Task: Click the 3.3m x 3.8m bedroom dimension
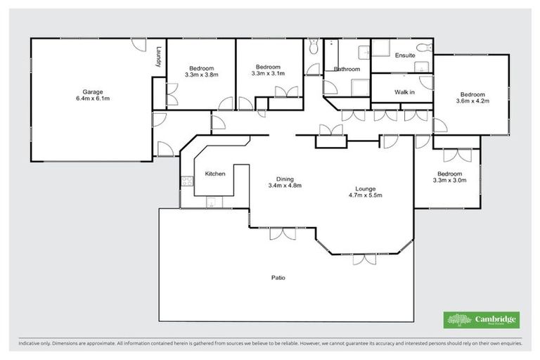(x=202, y=74)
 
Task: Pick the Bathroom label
(x=347, y=69)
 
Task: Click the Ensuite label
(x=404, y=55)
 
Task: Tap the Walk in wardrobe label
(x=404, y=91)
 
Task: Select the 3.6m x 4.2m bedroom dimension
(x=472, y=101)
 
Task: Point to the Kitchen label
(x=214, y=174)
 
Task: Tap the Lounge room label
(x=364, y=188)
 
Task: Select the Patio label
(x=278, y=277)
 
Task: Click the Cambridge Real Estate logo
(x=482, y=320)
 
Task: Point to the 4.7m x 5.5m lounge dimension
(x=364, y=195)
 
